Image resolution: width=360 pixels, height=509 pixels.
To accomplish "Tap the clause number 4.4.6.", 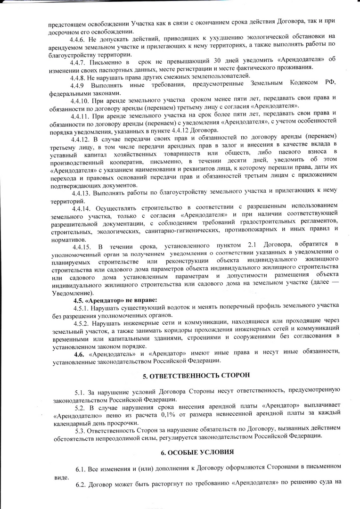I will [78, 37].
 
